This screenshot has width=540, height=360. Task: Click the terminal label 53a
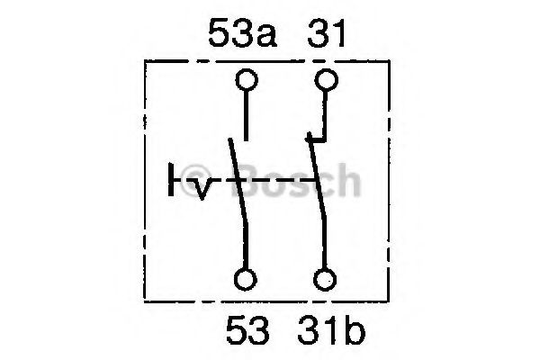(x=242, y=33)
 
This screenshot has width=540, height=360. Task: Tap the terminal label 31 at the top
(x=327, y=33)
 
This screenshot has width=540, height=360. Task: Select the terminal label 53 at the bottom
(x=247, y=330)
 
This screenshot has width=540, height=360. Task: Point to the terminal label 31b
(x=331, y=330)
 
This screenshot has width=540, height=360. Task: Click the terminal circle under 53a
(x=247, y=80)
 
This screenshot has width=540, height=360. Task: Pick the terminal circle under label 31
(x=326, y=80)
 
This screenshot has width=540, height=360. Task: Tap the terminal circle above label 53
(x=246, y=279)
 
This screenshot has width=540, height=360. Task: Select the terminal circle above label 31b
(x=325, y=279)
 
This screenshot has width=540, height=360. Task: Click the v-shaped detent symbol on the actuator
(x=203, y=189)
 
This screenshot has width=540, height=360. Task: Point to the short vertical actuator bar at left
(x=171, y=180)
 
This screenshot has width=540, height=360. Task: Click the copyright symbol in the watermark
(x=196, y=180)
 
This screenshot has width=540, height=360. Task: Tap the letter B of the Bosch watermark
(x=251, y=180)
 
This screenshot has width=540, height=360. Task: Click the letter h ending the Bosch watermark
(x=346, y=180)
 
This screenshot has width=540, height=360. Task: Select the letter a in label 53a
(x=265, y=37)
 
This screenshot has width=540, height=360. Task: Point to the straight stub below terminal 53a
(x=246, y=116)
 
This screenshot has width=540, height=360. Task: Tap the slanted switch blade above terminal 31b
(x=317, y=203)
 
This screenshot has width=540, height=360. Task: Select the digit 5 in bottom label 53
(x=236, y=330)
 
